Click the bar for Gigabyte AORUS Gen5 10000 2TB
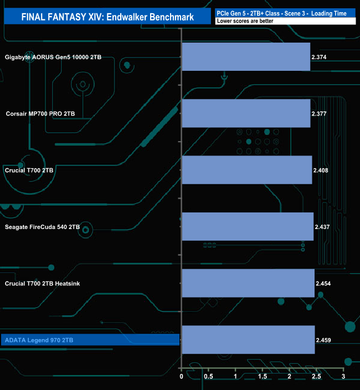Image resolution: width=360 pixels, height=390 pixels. [246, 57]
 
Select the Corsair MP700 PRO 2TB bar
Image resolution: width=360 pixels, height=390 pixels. [246, 113]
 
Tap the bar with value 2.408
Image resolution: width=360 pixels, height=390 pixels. [247, 170]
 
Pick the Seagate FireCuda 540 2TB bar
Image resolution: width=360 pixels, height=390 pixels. [248, 227]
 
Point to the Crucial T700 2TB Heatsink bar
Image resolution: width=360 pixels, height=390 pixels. [248, 283]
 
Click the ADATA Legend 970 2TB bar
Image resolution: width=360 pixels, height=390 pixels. [249, 340]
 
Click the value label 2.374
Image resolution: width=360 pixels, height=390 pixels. [319, 57]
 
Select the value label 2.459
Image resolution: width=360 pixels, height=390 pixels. [323, 340]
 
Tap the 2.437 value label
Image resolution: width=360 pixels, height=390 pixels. [322, 227]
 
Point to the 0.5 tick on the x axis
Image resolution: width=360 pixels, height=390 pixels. [208, 376]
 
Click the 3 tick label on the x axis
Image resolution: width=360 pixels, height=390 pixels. [343, 376]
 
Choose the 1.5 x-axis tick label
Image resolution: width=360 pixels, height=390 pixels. [263, 376]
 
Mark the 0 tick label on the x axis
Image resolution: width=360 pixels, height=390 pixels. [181, 376]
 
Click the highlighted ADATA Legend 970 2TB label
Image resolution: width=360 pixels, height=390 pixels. [39, 340]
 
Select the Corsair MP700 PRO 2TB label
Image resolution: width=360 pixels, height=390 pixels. [40, 113]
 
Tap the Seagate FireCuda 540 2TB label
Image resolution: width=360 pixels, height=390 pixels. [42, 227]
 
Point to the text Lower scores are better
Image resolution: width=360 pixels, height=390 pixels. [245, 21]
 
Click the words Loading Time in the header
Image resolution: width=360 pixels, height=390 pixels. [328, 13]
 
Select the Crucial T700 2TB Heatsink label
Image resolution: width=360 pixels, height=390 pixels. [42, 284]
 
